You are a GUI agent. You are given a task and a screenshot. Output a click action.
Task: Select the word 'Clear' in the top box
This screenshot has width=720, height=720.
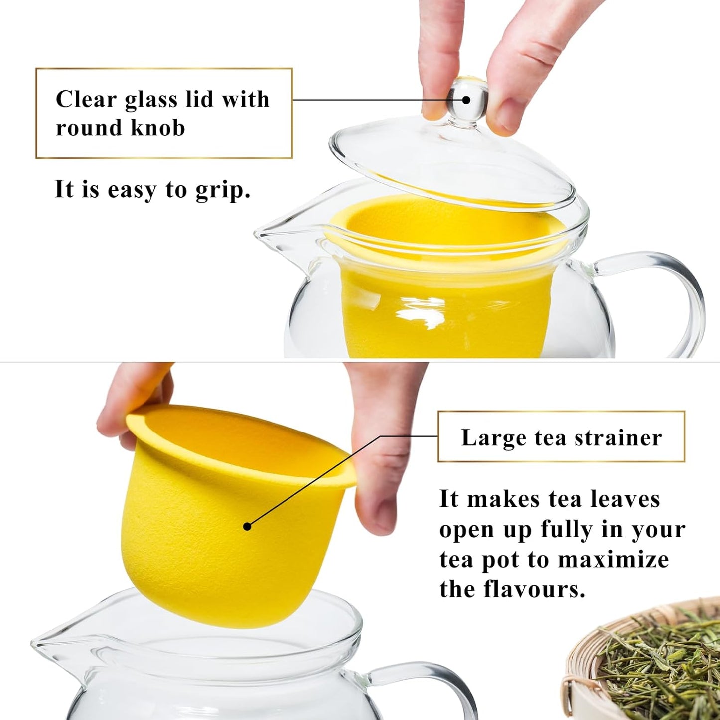(x=86, y=99)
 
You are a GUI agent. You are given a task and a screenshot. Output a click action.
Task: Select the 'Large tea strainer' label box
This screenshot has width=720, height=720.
(x=561, y=436)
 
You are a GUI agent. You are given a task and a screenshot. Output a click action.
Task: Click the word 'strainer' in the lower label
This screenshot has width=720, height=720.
(x=618, y=438)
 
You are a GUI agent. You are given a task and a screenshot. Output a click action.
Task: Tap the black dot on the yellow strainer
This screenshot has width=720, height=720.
(x=247, y=526)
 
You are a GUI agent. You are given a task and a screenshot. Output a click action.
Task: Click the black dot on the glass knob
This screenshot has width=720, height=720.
(x=466, y=100)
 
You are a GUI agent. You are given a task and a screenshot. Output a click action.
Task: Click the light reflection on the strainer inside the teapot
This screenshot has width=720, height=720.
(x=421, y=311)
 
